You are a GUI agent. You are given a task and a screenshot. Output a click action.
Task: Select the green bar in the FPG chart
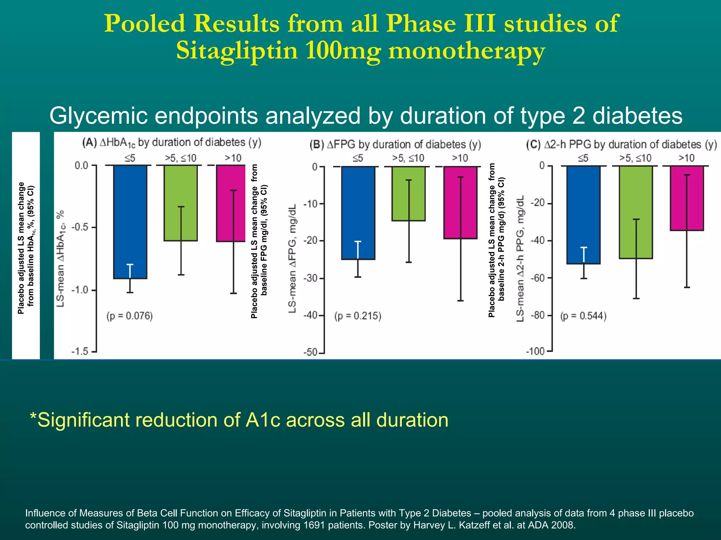click(408, 193)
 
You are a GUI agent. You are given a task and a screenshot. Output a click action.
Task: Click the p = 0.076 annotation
click(130, 316)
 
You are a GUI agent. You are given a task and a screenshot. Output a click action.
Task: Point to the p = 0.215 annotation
click(358, 316)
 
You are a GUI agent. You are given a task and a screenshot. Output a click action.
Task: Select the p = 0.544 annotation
click(583, 316)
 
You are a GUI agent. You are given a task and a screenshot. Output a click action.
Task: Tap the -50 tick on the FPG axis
click(311, 352)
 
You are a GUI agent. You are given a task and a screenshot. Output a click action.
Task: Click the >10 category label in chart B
click(460, 158)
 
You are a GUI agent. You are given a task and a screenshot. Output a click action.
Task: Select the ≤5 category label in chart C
click(583, 158)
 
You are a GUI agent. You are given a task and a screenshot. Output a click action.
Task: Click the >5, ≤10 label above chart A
click(181, 158)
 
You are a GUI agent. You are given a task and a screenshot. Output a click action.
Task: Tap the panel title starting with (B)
click(395, 144)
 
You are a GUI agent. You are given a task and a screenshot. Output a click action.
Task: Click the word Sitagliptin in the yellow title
click(237, 51)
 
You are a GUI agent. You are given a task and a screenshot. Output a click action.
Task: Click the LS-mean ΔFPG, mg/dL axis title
click(293, 258)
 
